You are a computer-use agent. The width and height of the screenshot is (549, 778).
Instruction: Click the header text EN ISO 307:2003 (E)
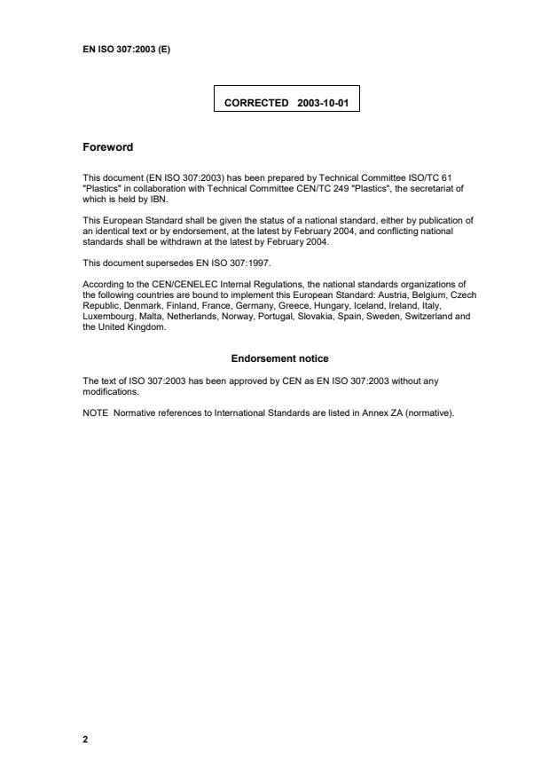(x=125, y=49)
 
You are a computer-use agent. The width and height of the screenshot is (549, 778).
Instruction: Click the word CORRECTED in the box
(x=256, y=104)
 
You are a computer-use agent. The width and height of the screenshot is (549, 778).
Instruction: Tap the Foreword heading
(x=107, y=148)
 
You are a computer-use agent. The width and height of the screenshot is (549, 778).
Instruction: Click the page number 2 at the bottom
(x=85, y=738)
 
